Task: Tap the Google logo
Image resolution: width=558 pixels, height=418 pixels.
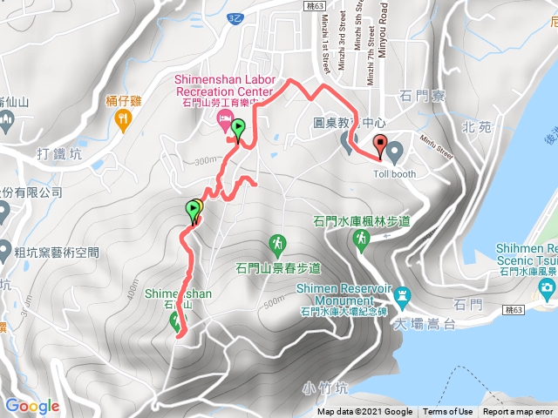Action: tap(31, 406)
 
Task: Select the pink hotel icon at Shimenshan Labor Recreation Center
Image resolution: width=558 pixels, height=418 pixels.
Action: tap(224, 118)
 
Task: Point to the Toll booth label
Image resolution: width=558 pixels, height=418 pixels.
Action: tap(393, 172)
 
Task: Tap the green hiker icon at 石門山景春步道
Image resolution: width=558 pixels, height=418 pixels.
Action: tap(277, 241)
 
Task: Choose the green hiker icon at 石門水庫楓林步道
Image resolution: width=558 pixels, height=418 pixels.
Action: tap(359, 237)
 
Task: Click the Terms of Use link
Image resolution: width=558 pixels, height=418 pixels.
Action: tap(448, 412)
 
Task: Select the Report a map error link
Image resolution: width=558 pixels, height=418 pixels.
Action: tap(519, 412)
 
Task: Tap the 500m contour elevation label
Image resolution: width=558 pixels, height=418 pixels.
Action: tap(271, 301)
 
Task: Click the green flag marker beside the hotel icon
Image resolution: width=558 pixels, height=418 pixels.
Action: tap(238, 131)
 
